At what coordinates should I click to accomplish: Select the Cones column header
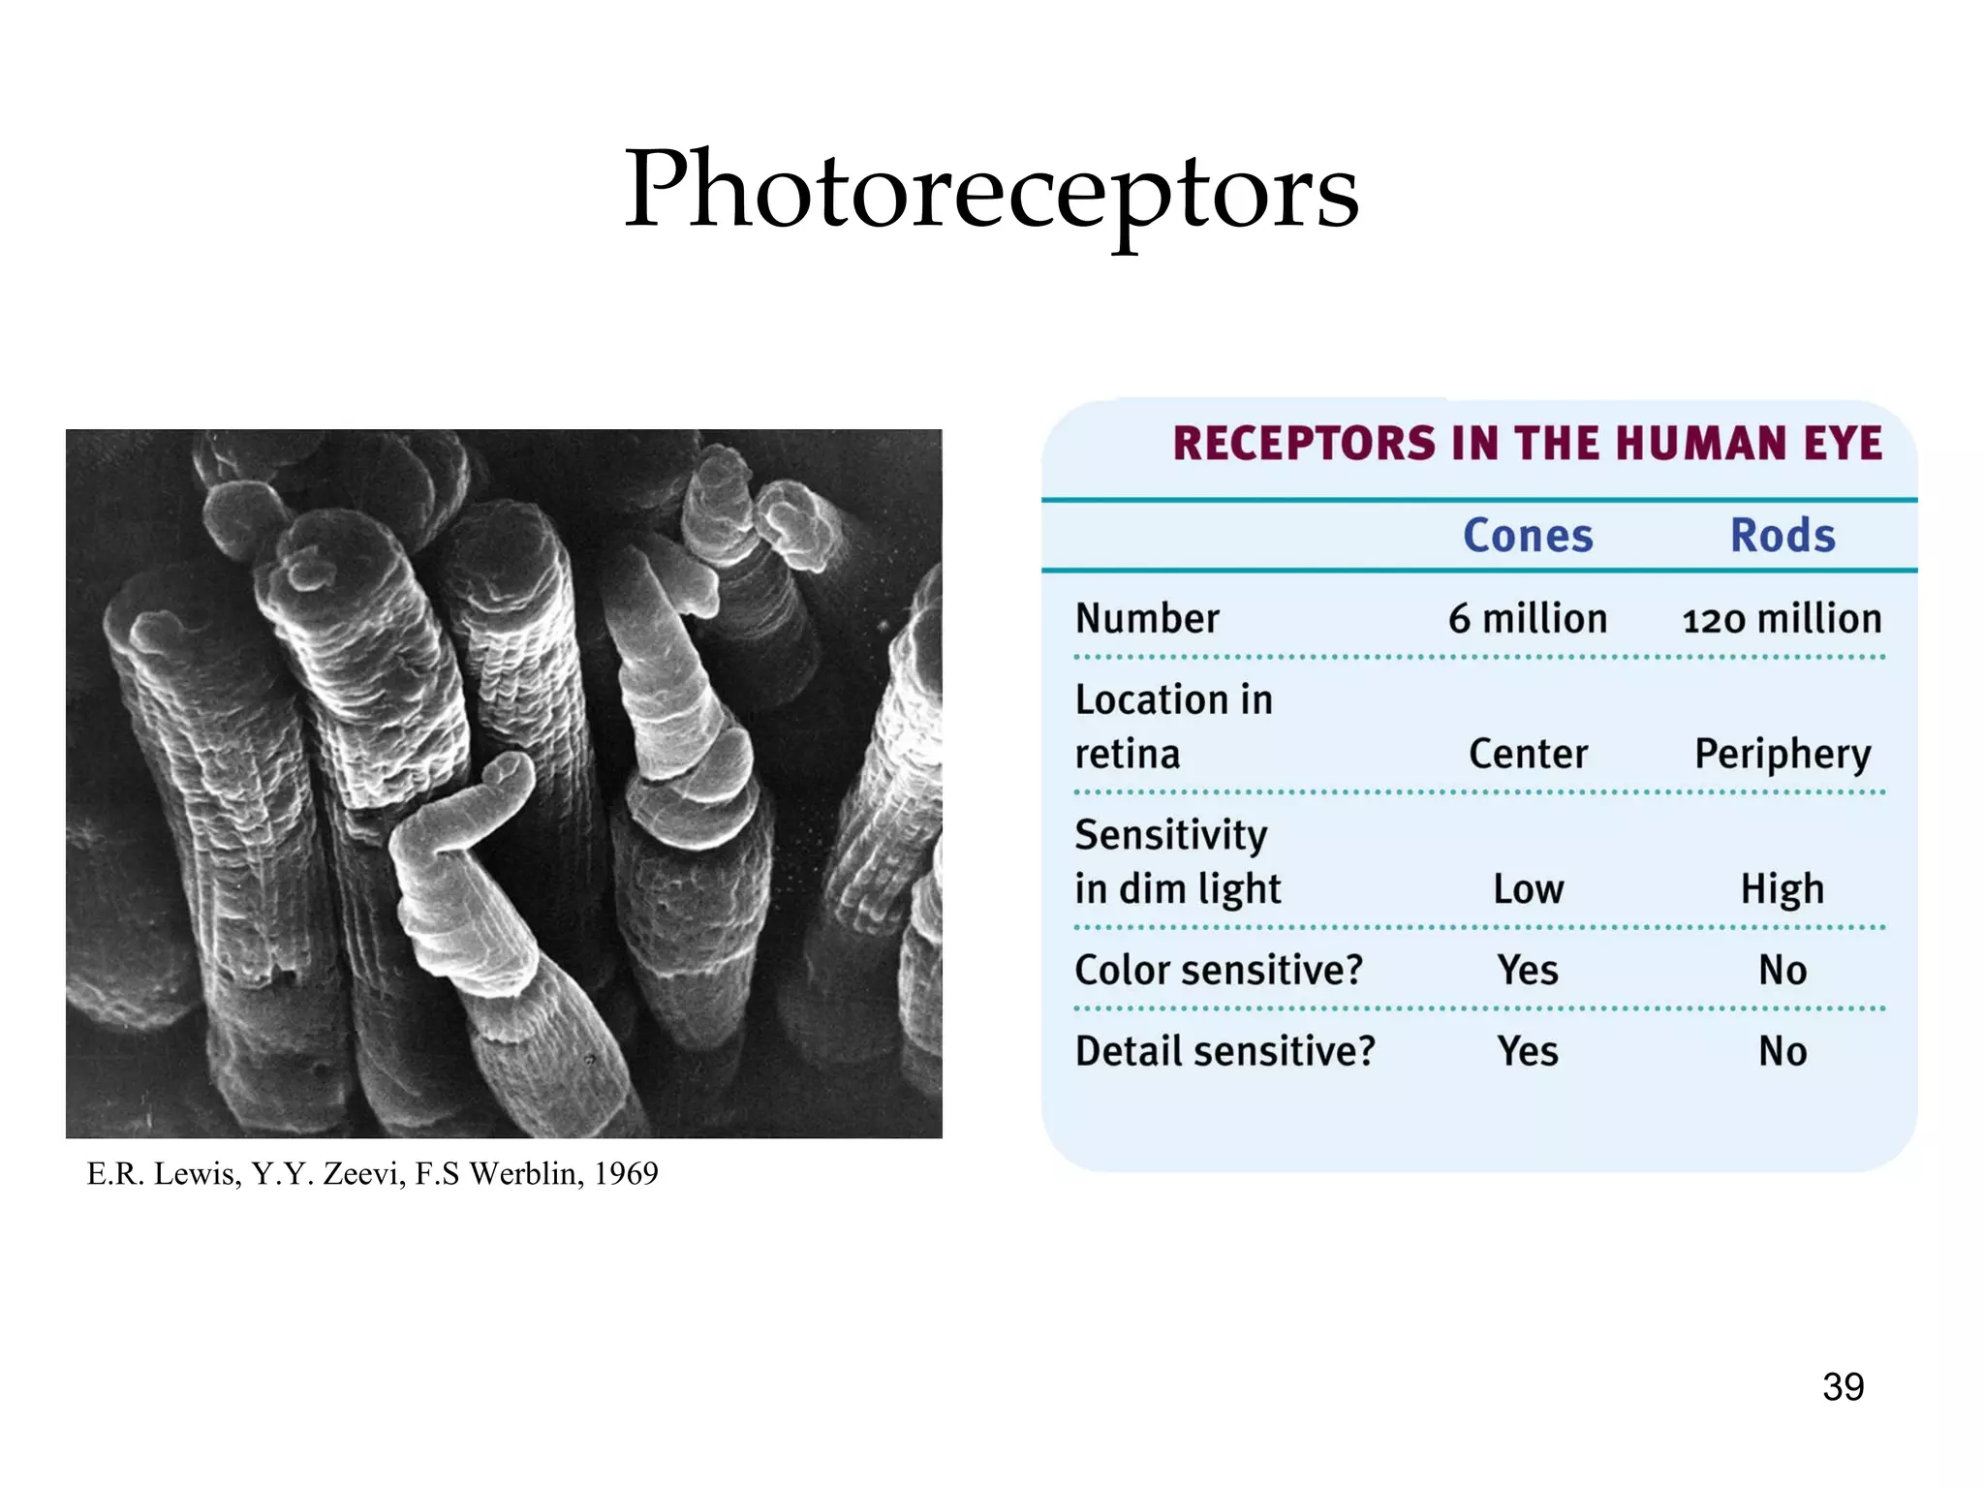point(1528,536)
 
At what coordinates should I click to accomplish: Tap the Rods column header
point(1782,536)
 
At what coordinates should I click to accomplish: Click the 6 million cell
point(1528,619)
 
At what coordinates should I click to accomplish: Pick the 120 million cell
point(1782,619)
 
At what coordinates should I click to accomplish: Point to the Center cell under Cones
point(1528,754)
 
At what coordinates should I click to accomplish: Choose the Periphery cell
point(1782,755)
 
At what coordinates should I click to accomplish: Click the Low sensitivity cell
point(1528,889)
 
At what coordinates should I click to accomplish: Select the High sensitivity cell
point(1782,889)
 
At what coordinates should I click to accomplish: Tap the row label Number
point(1147,619)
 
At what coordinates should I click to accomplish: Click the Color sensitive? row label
point(1219,970)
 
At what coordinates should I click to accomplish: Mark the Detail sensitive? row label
point(1224,1051)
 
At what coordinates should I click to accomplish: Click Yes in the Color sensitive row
point(1528,970)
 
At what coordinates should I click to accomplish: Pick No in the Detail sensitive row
point(1782,1051)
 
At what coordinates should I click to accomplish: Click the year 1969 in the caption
point(626,1174)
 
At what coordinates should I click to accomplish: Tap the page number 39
point(1843,1387)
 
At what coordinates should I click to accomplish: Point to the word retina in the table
point(1128,754)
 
